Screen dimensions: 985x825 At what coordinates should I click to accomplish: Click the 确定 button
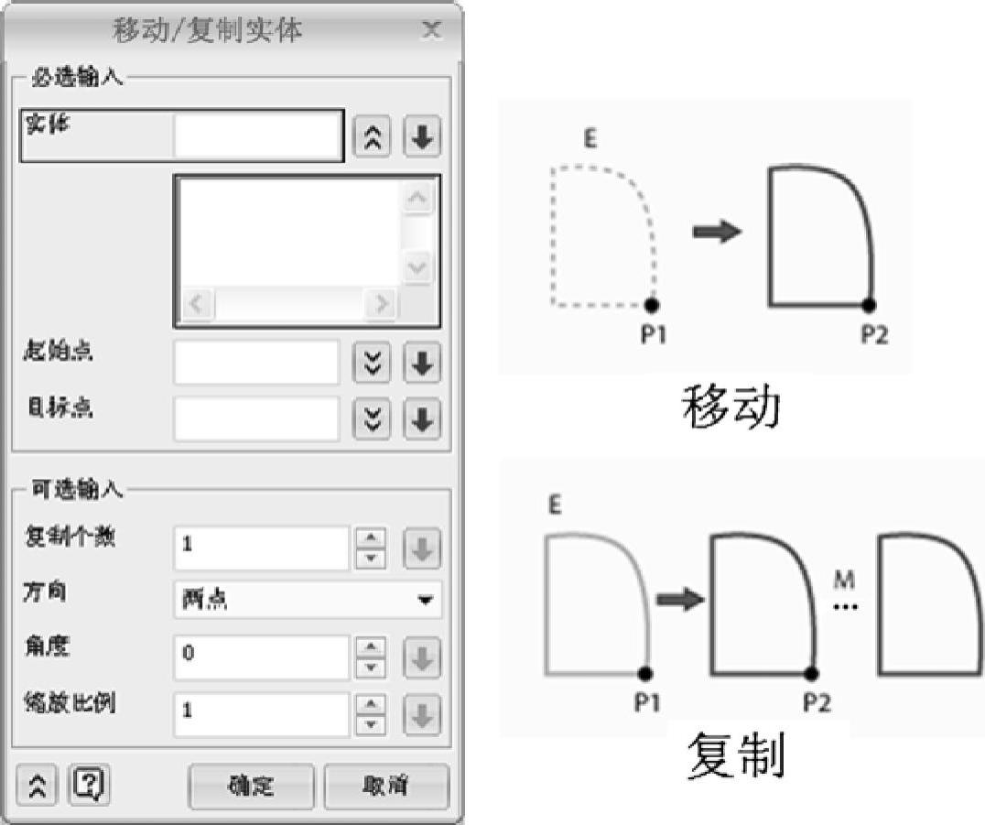click(251, 786)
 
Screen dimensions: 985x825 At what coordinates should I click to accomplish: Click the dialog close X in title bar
click(431, 29)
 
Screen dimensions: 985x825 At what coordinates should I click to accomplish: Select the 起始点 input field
click(256, 363)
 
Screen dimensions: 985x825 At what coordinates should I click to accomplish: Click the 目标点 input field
click(256, 418)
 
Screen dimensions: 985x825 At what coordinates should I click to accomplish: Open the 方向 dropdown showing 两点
click(308, 600)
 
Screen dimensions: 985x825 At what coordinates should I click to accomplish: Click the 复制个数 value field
click(261, 546)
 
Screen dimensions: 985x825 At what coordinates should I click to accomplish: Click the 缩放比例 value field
click(261, 711)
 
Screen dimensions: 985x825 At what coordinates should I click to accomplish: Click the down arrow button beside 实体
click(422, 137)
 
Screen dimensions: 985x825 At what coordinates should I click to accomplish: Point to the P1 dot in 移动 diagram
click(652, 304)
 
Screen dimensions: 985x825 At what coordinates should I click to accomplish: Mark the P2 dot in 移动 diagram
click(870, 304)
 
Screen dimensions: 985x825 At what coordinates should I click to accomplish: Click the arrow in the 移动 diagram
click(717, 233)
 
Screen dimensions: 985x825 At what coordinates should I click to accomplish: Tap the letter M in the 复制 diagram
click(844, 581)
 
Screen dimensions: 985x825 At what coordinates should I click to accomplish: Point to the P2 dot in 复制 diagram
click(810, 674)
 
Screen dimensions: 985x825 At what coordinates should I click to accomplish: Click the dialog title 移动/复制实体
click(208, 30)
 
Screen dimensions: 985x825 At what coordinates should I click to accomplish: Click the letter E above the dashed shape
click(590, 139)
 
